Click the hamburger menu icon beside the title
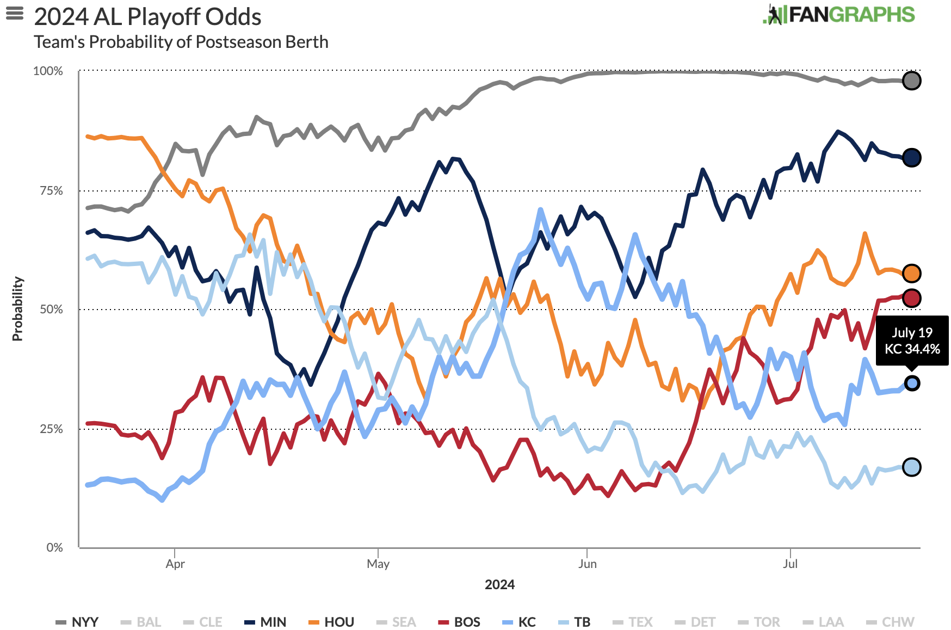15,13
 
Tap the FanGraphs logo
839,15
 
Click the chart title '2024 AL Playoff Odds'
147,17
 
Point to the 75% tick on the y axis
51,190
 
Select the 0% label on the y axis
54,547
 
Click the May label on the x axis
378,564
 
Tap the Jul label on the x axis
790,564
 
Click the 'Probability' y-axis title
17,308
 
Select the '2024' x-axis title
499,584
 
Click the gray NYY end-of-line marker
911,81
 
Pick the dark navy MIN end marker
911,158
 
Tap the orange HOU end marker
911,273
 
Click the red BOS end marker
911,298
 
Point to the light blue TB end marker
911,467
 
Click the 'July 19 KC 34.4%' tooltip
912,341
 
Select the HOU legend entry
332,622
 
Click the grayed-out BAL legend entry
141,622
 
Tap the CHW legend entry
891,622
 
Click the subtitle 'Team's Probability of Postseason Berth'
181,42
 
